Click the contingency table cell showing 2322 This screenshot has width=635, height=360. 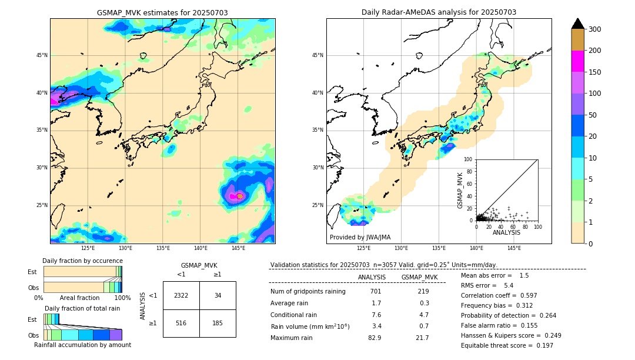tap(181, 295)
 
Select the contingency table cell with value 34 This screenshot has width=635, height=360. tap(218, 295)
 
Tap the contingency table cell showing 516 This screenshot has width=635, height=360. tap(181, 323)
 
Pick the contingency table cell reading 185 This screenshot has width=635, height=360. tap(218, 323)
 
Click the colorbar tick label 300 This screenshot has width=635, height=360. tap(594, 29)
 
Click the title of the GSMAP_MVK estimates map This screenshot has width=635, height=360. tap(162, 13)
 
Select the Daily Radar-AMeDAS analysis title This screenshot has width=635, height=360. tap(439, 13)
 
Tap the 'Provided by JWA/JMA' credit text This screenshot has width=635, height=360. tap(360, 238)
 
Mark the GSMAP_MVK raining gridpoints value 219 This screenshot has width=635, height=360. tap(423, 292)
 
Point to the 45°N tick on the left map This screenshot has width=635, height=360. tap(42, 55)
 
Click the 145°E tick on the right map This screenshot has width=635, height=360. tap(514, 248)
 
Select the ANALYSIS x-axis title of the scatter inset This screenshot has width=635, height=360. tap(506, 232)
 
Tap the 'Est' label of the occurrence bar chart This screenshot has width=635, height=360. tap(32, 272)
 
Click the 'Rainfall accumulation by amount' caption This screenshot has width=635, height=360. tap(82, 345)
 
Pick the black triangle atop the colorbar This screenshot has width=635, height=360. tap(578, 23)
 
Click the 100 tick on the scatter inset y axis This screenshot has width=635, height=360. tap(469, 159)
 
